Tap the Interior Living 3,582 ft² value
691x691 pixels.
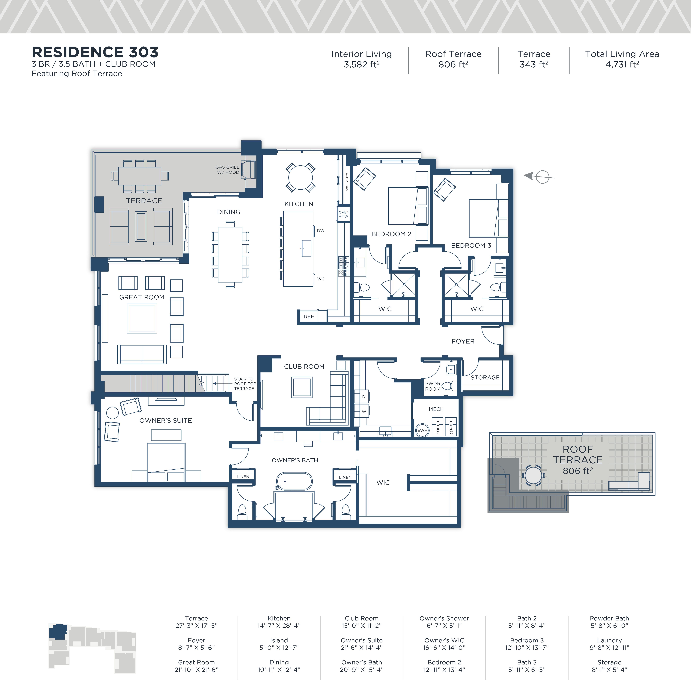point(362,64)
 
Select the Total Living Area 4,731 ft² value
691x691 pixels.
point(622,64)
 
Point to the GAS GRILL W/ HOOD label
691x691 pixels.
point(227,170)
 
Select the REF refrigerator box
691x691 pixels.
point(309,317)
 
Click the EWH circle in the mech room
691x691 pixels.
point(422,430)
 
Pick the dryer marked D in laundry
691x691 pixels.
point(363,397)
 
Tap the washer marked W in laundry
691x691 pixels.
point(363,411)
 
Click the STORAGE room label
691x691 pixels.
point(485,377)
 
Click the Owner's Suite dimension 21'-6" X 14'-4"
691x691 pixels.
point(362,647)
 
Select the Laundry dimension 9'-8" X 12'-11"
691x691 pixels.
point(609,647)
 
